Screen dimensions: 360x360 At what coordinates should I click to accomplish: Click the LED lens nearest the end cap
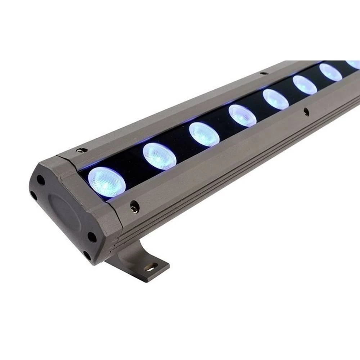(x=107, y=183)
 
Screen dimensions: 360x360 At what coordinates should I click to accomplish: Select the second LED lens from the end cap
(x=159, y=157)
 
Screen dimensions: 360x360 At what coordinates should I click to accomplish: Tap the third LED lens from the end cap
(x=204, y=134)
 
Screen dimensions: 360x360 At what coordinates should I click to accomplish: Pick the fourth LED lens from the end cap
(x=242, y=115)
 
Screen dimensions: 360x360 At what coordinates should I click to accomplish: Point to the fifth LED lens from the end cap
(x=276, y=99)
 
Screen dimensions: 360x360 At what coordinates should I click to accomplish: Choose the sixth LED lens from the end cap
(x=305, y=85)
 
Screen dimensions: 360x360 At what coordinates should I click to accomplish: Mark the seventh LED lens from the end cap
(x=330, y=72)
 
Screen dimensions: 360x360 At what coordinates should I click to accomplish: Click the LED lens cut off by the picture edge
(x=354, y=64)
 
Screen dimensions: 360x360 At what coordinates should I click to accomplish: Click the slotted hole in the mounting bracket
(x=151, y=267)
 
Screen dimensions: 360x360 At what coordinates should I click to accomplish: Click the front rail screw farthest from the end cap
(x=306, y=112)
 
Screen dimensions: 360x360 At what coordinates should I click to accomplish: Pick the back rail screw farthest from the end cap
(x=264, y=73)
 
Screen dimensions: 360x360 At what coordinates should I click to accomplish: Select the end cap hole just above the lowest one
(x=92, y=237)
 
